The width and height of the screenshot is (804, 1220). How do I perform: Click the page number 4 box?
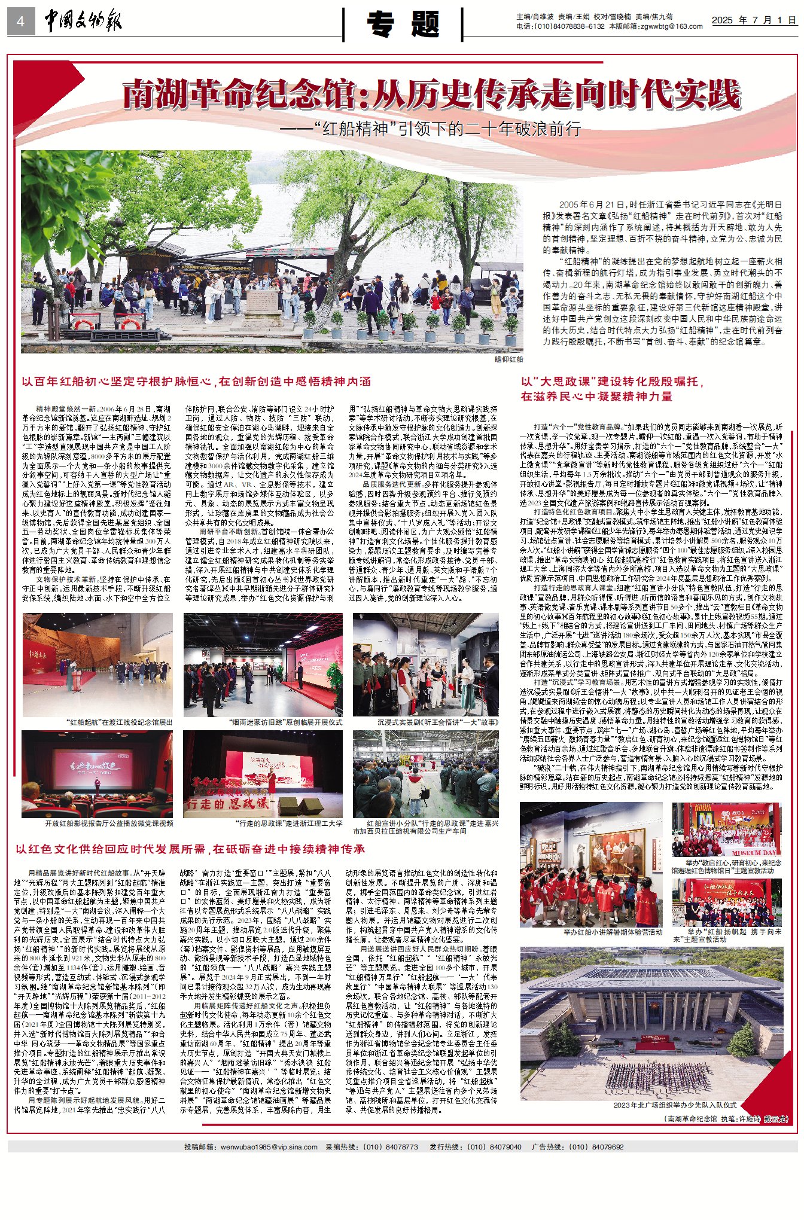[20, 22]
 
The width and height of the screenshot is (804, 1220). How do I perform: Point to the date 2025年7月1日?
[753, 20]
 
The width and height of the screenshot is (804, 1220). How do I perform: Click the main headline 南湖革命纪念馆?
[431, 94]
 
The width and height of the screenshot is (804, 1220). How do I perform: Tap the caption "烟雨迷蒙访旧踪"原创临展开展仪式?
[285, 722]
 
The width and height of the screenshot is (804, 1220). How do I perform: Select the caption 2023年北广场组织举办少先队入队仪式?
[674, 1105]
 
